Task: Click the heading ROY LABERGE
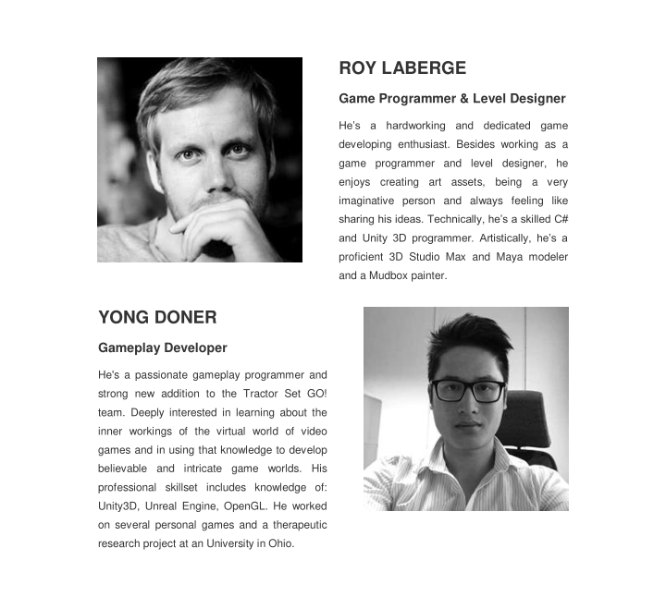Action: tap(402, 68)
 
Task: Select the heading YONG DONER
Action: tap(157, 318)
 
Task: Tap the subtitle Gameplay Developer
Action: tap(163, 348)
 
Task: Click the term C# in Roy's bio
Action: tap(560, 219)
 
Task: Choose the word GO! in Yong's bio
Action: tap(314, 394)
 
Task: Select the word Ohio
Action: tap(280, 543)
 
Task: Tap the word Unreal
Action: tap(173, 506)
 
